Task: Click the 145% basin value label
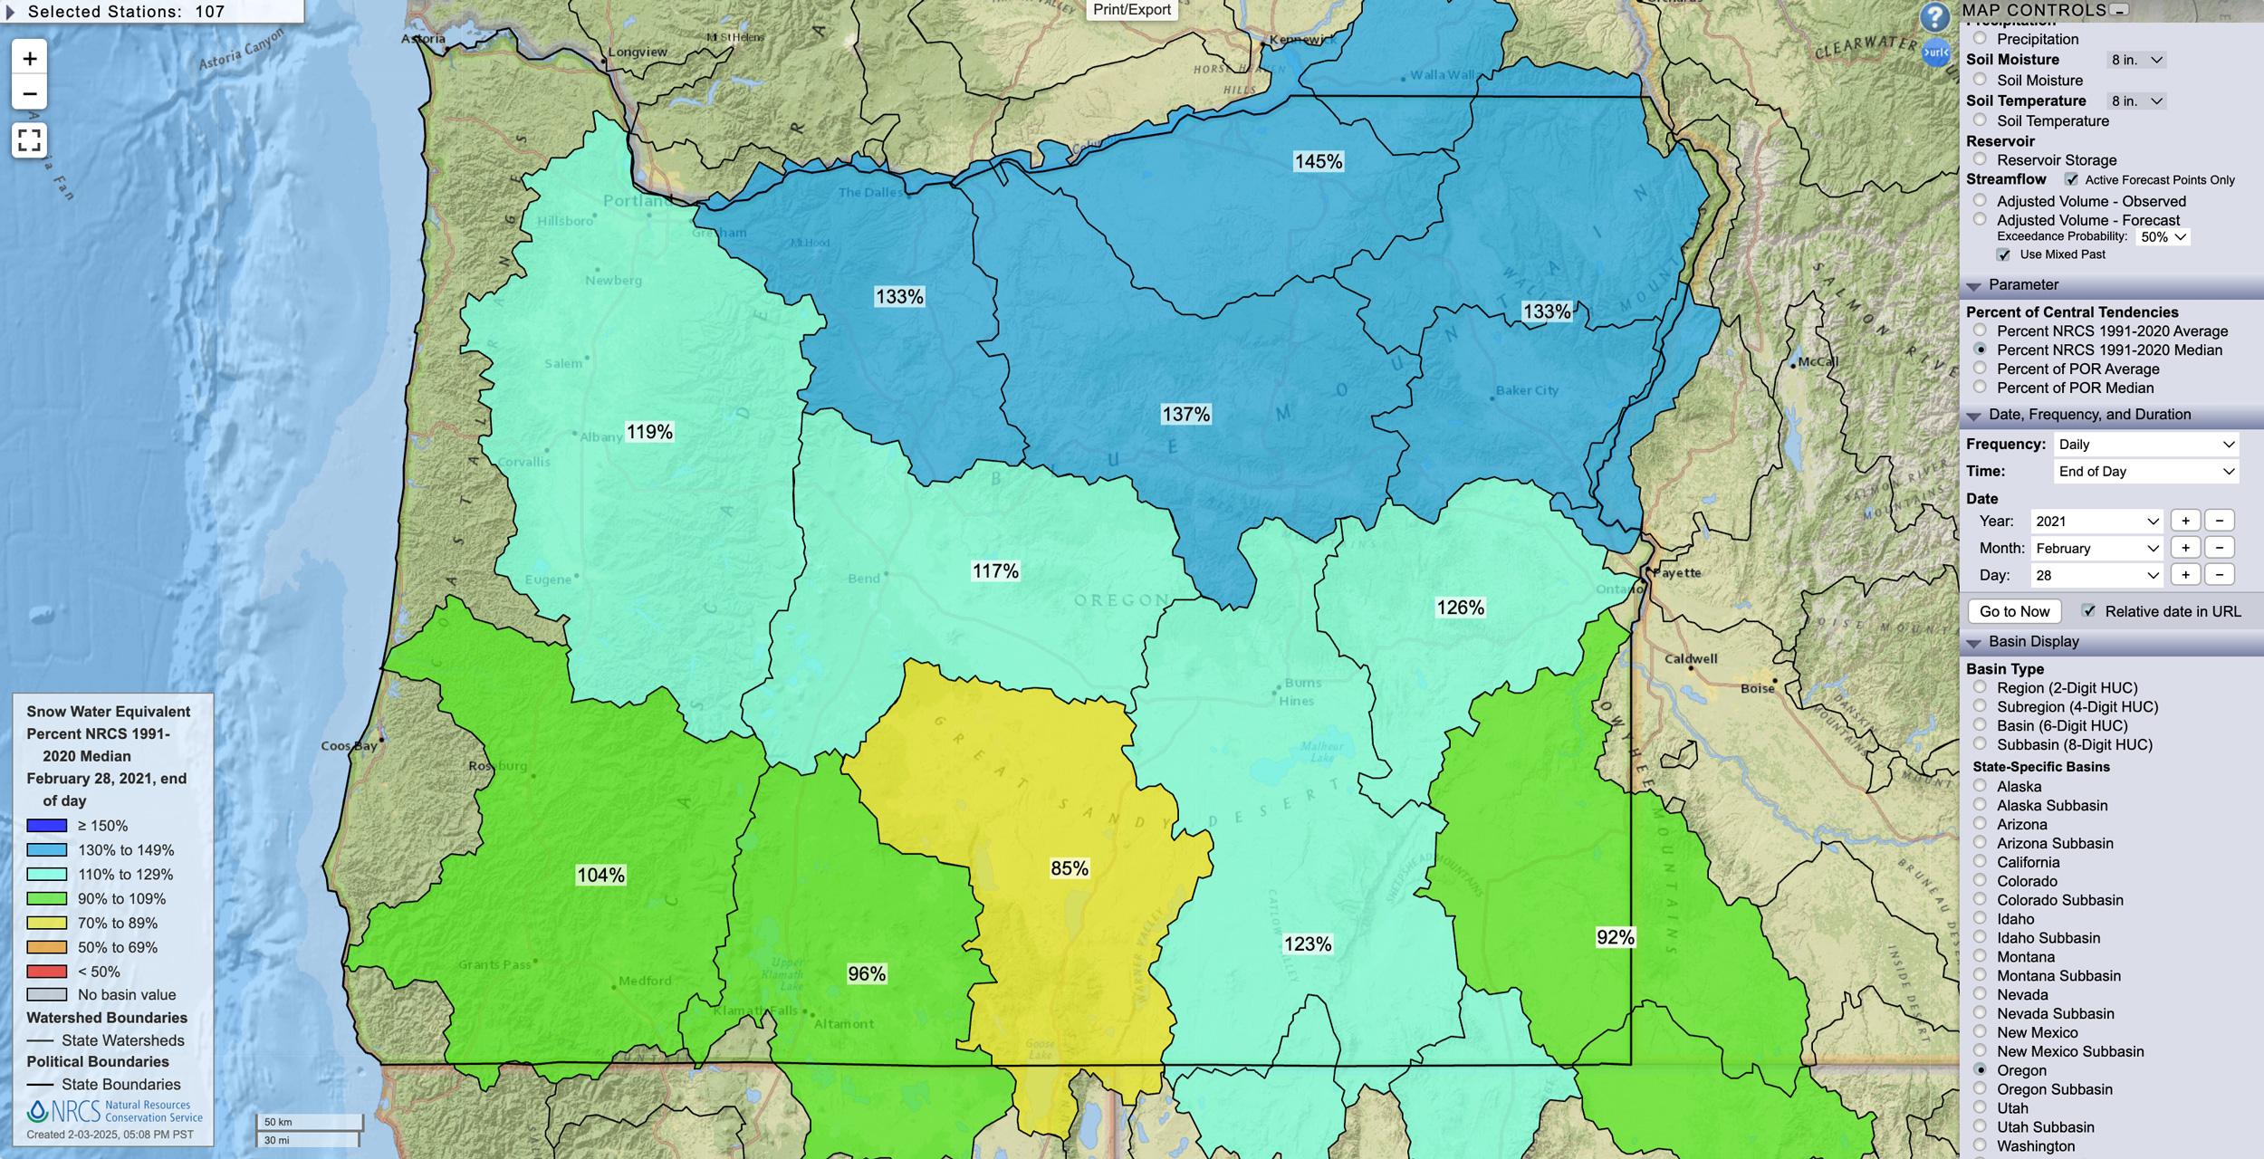coord(1318,161)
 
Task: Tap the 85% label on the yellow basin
coord(1069,868)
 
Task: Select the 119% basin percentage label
coord(649,432)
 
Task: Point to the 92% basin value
coord(1615,937)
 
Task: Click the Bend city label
coord(863,579)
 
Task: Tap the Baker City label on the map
coord(1526,390)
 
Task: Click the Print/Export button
coord(1131,10)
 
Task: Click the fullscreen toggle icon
coord(29,140)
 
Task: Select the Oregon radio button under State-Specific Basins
coord(1980,1070)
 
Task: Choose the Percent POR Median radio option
coord(1980,388)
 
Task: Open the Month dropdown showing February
coord(2096,548)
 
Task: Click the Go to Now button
coord(2014,611)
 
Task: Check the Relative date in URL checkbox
coord(2088,611)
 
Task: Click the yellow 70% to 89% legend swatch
coord(47,923)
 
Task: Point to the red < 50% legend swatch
coord(47,972)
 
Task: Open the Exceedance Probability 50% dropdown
coord(2162,237)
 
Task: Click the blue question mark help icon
coord(1933,17)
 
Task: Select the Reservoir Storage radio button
coord(1980,159)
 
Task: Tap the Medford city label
coord(645,981)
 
